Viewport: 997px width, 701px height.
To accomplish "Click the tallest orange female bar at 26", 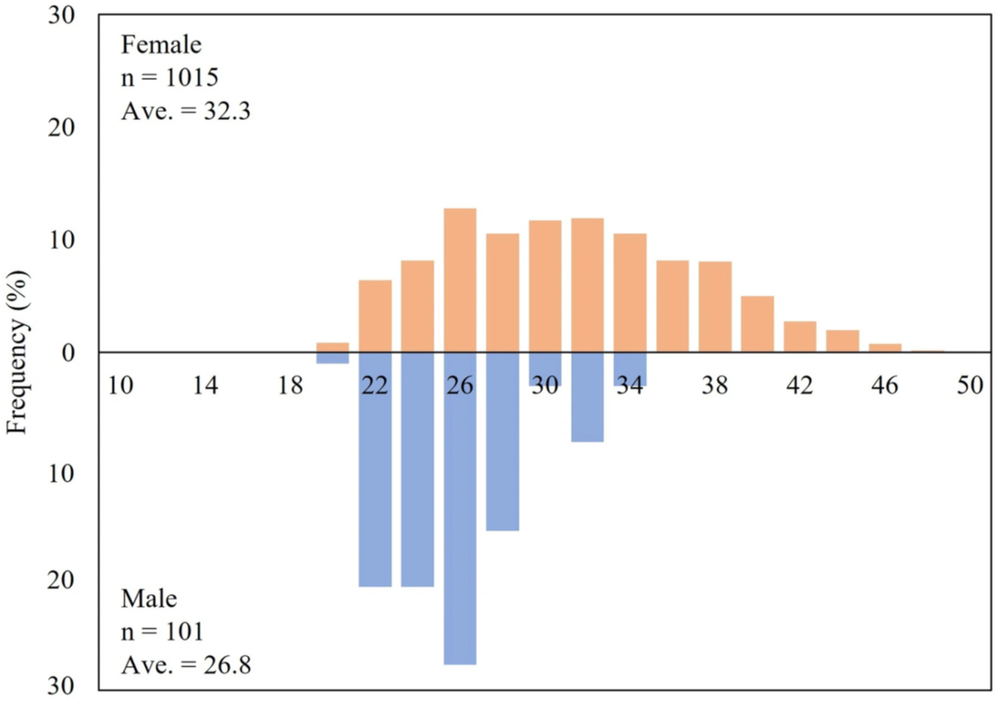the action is tap(460, 280).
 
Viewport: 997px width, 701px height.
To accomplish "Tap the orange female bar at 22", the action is tap(375, 316).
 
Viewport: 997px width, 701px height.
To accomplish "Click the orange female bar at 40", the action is tap(757, 324).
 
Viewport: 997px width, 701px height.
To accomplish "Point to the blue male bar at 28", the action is tap(502, 442).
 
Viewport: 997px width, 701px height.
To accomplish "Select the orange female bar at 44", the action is tap(842, 341).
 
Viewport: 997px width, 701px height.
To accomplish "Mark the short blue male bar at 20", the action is tap(333, 358).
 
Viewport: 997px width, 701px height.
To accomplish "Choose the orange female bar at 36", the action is tap(673, 306).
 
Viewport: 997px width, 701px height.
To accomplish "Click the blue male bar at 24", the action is tap(418, 469).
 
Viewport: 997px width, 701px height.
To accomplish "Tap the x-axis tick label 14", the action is tap(205, 386).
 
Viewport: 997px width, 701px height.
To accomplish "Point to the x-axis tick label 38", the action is tap(715, 386).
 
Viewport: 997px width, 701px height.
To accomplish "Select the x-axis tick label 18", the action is tap(290, 386).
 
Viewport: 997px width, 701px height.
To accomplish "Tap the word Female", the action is tap(161, 45).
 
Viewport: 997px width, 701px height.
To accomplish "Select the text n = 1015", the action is tap(170, 78).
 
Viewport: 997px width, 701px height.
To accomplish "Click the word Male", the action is tap(149, 599).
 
